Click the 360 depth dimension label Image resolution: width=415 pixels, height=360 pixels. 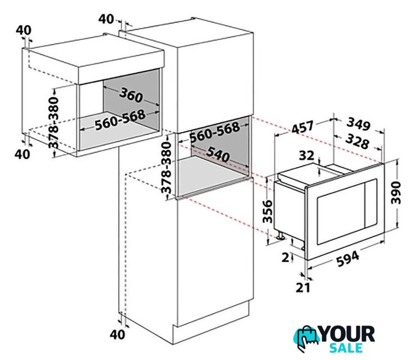pos(131,95)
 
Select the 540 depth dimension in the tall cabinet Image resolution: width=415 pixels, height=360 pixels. pos(218,154)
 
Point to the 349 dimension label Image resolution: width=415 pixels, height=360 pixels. pos(358,124)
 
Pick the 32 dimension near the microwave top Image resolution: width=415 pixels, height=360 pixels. pos(306,156)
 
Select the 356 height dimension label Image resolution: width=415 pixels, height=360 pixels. pos(268,211)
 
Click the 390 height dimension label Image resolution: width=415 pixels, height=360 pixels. pos(396,193)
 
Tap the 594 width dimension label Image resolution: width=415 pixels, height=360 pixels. pos(348,258)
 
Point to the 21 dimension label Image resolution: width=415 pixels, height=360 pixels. pos(303,287)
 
